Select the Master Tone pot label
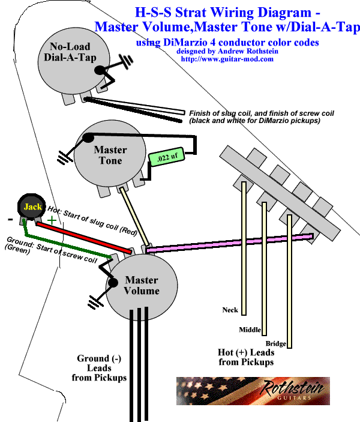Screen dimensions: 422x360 110,155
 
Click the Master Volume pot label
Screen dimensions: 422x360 142,285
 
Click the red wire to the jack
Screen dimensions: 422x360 84,237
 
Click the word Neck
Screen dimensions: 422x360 230,310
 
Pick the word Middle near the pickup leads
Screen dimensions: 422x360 250,330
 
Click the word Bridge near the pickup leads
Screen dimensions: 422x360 276,343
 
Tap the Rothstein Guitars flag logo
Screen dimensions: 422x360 252,390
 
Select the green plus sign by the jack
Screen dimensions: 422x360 52,220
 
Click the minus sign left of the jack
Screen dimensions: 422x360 10,219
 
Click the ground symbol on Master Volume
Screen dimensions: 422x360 94,298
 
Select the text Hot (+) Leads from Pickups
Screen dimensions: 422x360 245,357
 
